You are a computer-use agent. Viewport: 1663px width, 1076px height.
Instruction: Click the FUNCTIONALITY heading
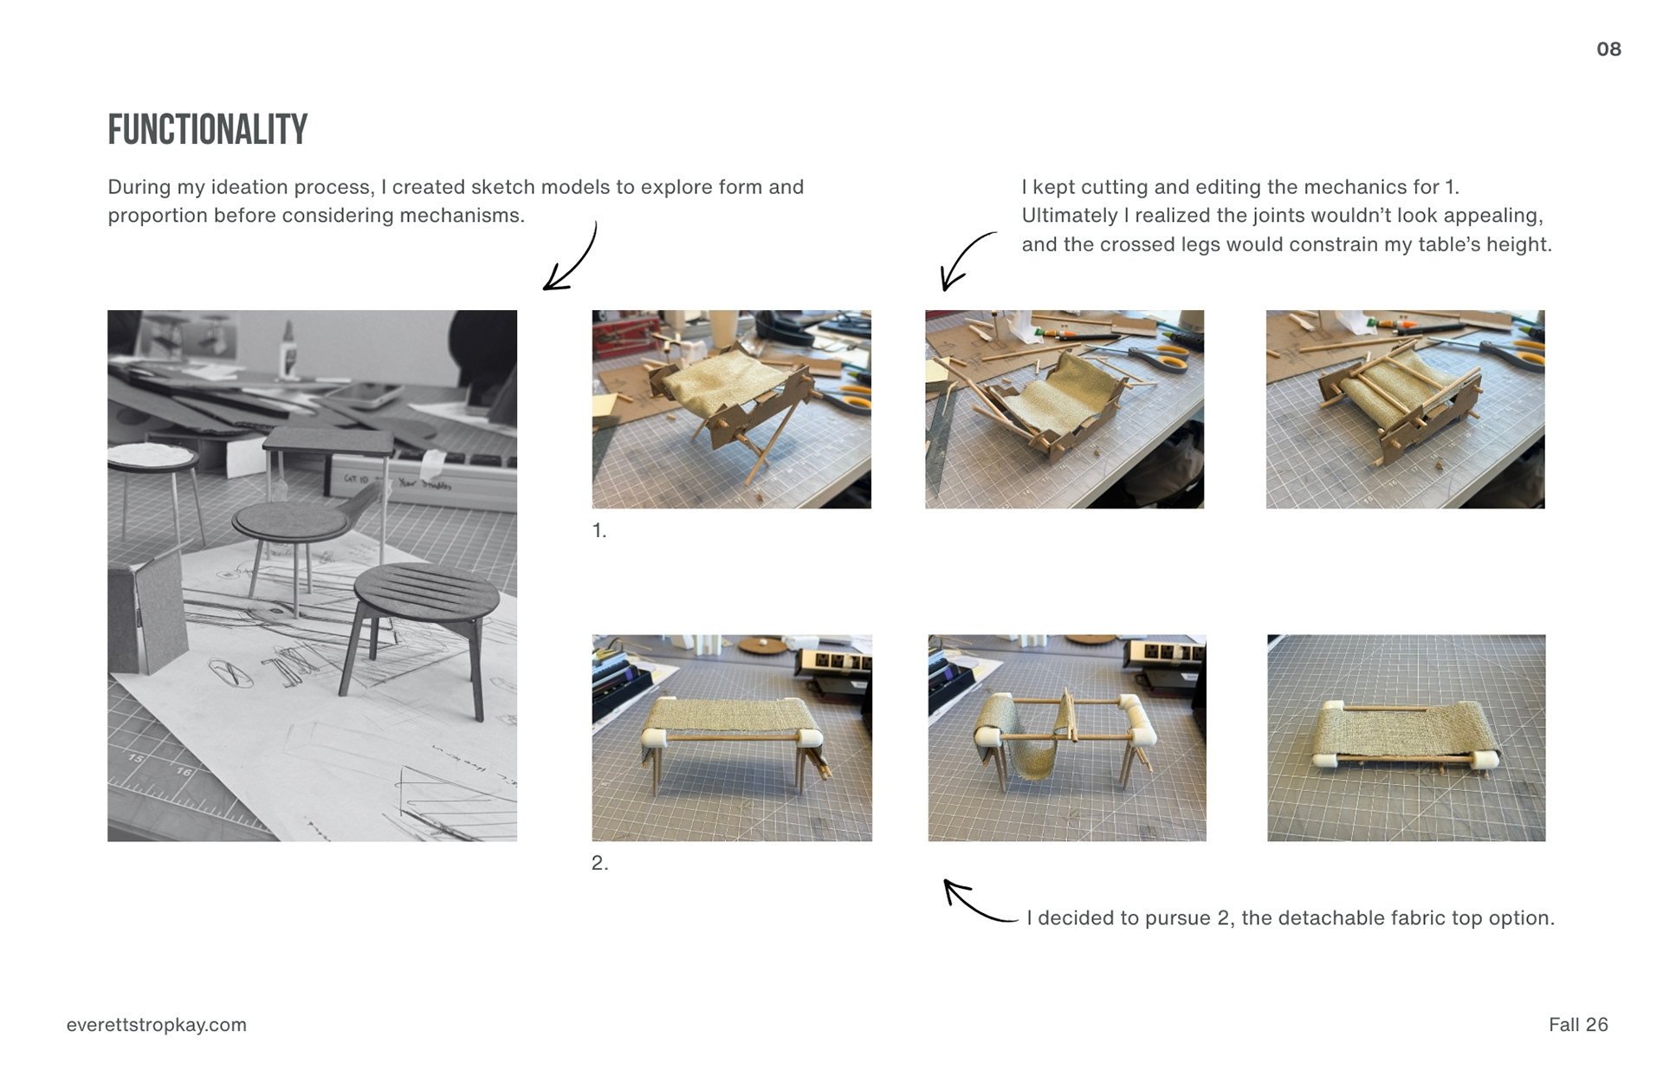(207, 129)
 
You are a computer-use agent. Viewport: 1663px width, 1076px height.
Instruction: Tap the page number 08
(1608, 49)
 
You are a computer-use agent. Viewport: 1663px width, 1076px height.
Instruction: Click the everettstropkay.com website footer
(157, 1025)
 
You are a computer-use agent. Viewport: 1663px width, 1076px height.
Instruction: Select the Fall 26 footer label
(1578, 1025)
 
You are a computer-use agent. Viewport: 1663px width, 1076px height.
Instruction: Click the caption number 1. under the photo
(599, 530)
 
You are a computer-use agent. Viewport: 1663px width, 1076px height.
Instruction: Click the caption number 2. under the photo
(600, 863)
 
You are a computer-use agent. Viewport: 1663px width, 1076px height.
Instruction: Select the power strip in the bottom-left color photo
(833, 662)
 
